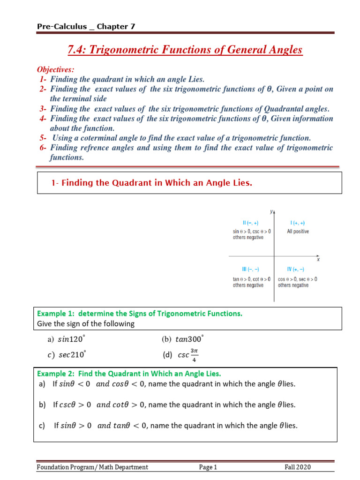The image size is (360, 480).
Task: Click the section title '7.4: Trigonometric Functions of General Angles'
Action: pyautogui.click(x=185, y=50)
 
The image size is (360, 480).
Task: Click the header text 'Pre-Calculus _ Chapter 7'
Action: pyautogui.click(x=86, y=27)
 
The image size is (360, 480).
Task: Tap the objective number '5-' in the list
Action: pyautogui.click(x=43, y=138)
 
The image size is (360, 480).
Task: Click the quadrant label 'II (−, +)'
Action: pyautogui.click(x=251, y=223)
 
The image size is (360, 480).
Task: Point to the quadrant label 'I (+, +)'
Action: pyautogui.click(x=298, y=223)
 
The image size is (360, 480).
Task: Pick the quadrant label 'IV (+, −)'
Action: pyautogui.click(x=295, y=270)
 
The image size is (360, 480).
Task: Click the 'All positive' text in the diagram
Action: pyautogui.click(x=298, y=232)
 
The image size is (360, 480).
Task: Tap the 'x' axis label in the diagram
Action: pyautogui.click(x=318, y=259)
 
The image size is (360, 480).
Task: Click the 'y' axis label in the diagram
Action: pyautogui.click(x=271, y=211)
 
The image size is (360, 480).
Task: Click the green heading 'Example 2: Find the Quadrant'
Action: pyautogui.click(x=129, y=374)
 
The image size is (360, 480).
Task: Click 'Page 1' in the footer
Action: pyautogui.click(x=208, y=467)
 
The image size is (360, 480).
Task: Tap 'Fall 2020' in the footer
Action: pyautogui.click(x=298, y=467)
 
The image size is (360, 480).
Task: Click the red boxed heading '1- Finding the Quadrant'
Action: pyautogui.click(x=152, y=183)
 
